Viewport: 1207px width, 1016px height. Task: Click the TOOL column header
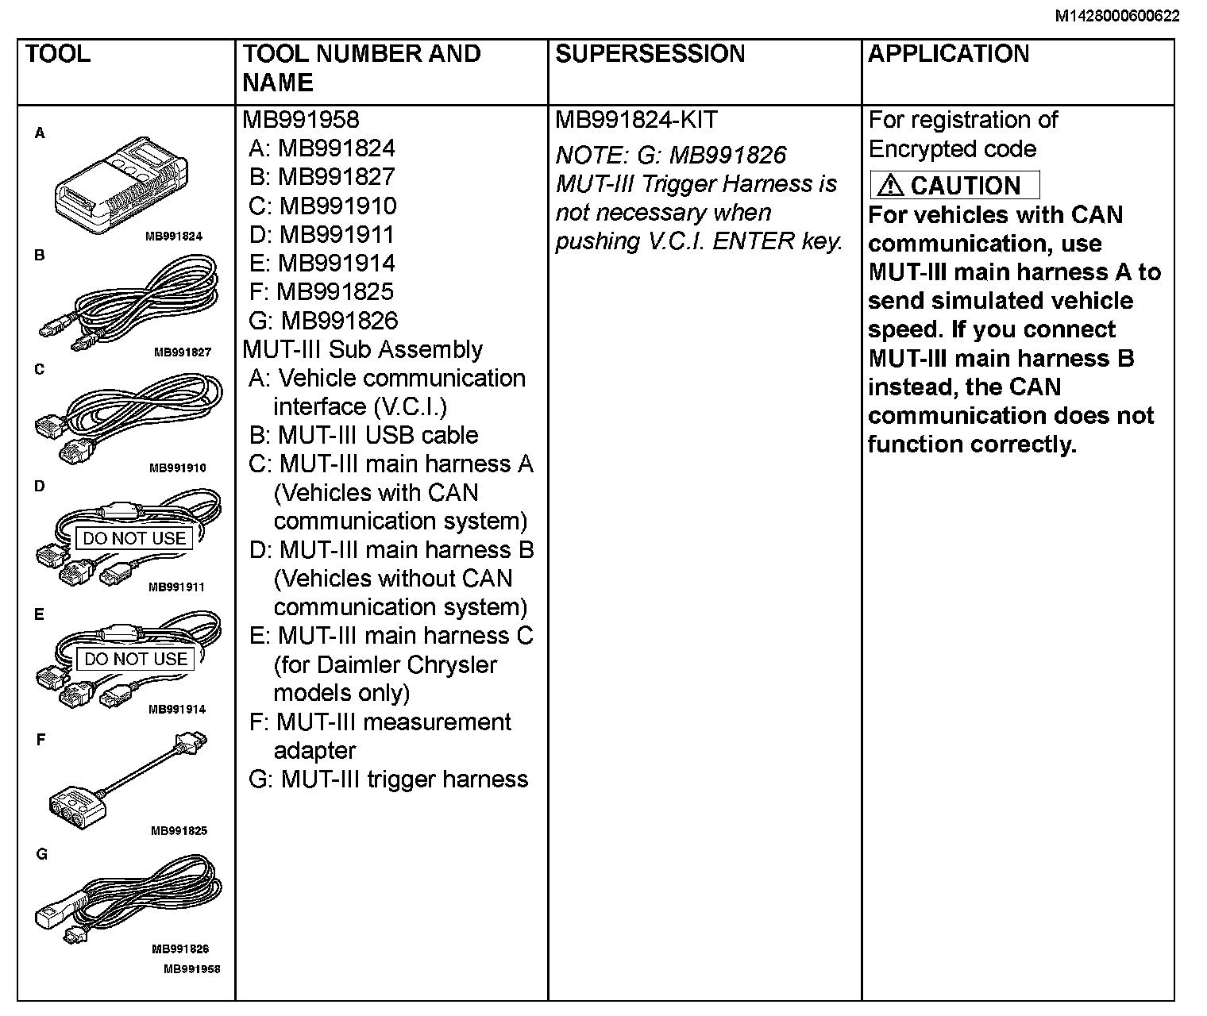58,54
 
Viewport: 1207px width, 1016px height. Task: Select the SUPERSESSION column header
650,54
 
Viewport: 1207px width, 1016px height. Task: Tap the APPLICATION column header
948,54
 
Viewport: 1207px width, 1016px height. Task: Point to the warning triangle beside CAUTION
891,186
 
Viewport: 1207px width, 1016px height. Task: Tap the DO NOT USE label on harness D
134,538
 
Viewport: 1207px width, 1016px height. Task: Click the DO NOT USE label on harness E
135,659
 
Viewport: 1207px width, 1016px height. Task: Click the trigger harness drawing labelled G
127,897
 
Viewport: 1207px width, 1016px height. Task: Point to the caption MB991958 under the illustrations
191,968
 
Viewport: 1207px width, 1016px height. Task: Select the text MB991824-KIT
636,120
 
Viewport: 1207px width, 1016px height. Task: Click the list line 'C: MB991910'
322,206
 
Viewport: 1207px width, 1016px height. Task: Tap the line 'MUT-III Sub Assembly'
363,350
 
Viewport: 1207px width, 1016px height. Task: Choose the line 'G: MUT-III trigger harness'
388,779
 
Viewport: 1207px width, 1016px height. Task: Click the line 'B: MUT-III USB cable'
364,436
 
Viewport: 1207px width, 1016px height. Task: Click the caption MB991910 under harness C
177,468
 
